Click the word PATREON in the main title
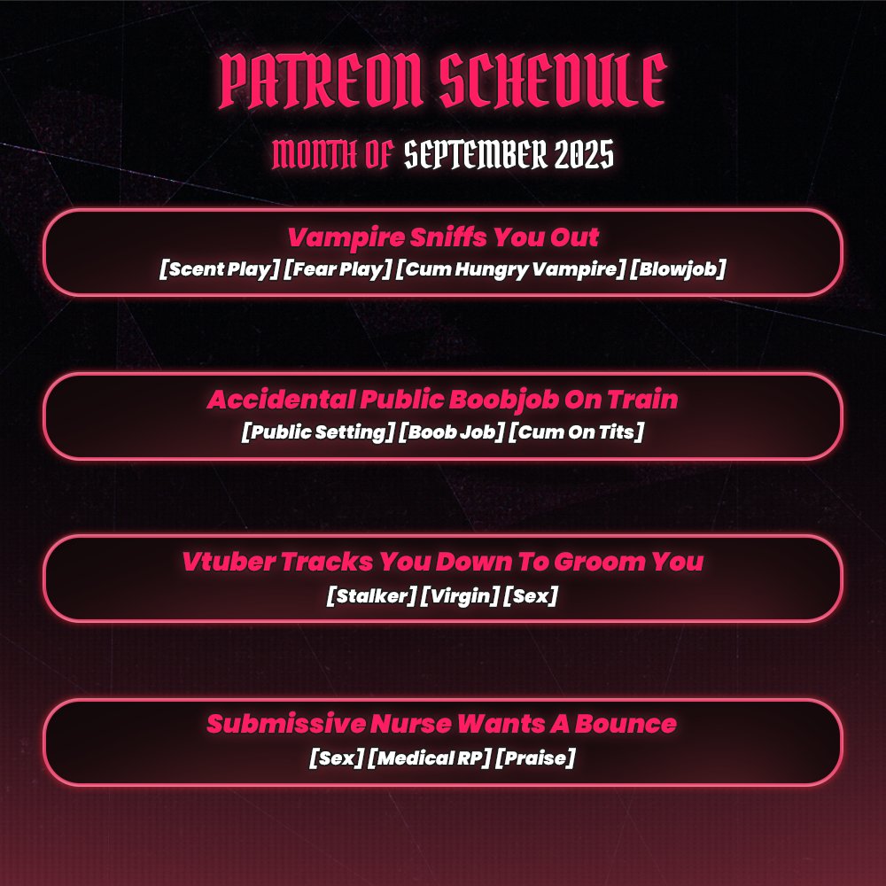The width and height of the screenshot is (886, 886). (x=321, y=81)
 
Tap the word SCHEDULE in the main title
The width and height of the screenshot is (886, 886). (x=553, y=81)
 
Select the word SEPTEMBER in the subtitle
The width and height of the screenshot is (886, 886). (x=476, y=154)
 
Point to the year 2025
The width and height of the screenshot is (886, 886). (x=584, y=154)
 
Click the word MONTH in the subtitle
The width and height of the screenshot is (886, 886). (x=315, y=154)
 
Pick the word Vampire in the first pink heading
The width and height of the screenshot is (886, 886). (x=346, y=237)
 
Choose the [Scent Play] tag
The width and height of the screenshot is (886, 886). (x=219, y=269)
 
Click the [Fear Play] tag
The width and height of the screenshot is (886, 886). (x=338, y=269)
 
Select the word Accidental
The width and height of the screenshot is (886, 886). (x=281, y=400)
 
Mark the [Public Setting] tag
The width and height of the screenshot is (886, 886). (x=317, y=432)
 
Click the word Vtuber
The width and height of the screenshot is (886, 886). (x=229, y=562)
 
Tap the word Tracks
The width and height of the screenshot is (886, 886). (x=327, y=562)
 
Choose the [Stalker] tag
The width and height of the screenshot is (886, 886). (x=371, y=595)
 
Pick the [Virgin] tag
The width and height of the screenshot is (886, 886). (x=460, y=595)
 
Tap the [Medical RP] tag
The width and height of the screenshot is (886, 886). (x=428, y=758)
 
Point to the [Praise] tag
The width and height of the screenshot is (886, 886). (x=534, y=758)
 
